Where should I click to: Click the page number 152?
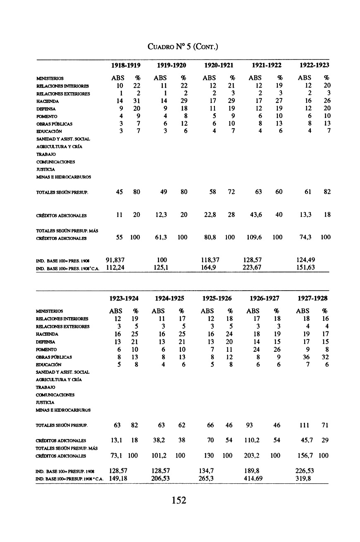pos(179,501)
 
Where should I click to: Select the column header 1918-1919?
pos(126,65)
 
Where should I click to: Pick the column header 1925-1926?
pos(217,298)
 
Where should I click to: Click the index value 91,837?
pos(116,260)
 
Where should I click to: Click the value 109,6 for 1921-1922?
pos(254,237)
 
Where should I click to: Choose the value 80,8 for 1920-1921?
pos(209,237)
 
